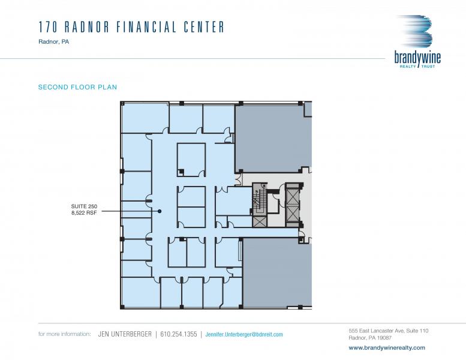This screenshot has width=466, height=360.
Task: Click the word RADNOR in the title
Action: (x=87, y=27)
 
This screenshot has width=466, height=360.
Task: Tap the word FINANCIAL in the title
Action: (x=146, y=27)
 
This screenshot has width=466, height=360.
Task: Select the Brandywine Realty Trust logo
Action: (x=417, y=41)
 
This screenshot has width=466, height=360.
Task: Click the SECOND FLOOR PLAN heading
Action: (x=77, y=87)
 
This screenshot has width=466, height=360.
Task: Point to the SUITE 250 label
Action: (x=84, y=206)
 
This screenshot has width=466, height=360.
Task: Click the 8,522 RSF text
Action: (x=84, y=213)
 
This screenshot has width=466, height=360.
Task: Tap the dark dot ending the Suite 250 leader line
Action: (x=160, y=211)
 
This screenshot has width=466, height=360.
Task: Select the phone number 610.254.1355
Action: (x=179, y=334)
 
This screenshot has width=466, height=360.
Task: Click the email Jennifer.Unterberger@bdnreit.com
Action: (x=244, y=334)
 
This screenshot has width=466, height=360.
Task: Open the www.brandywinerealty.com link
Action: (x=387, y=347)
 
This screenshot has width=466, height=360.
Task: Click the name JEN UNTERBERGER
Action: (x=125, y=334)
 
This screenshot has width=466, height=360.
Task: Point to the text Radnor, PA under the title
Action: (x=54, y=42)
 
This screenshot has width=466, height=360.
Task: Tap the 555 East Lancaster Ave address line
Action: (x=389, y=331)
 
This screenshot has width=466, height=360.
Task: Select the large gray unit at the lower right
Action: (x=277, y=272)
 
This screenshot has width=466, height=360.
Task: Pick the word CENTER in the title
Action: (x=204, y=27)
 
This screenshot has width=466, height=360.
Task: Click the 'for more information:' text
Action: (x=65, y=334)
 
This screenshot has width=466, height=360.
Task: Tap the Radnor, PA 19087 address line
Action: (x=370, y=338)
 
